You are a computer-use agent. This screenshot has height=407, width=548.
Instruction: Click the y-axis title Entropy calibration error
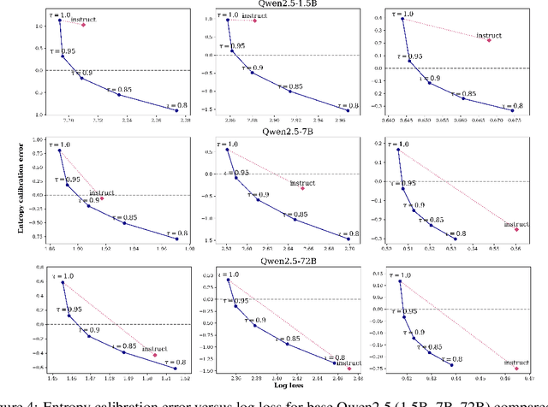[8, 202]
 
